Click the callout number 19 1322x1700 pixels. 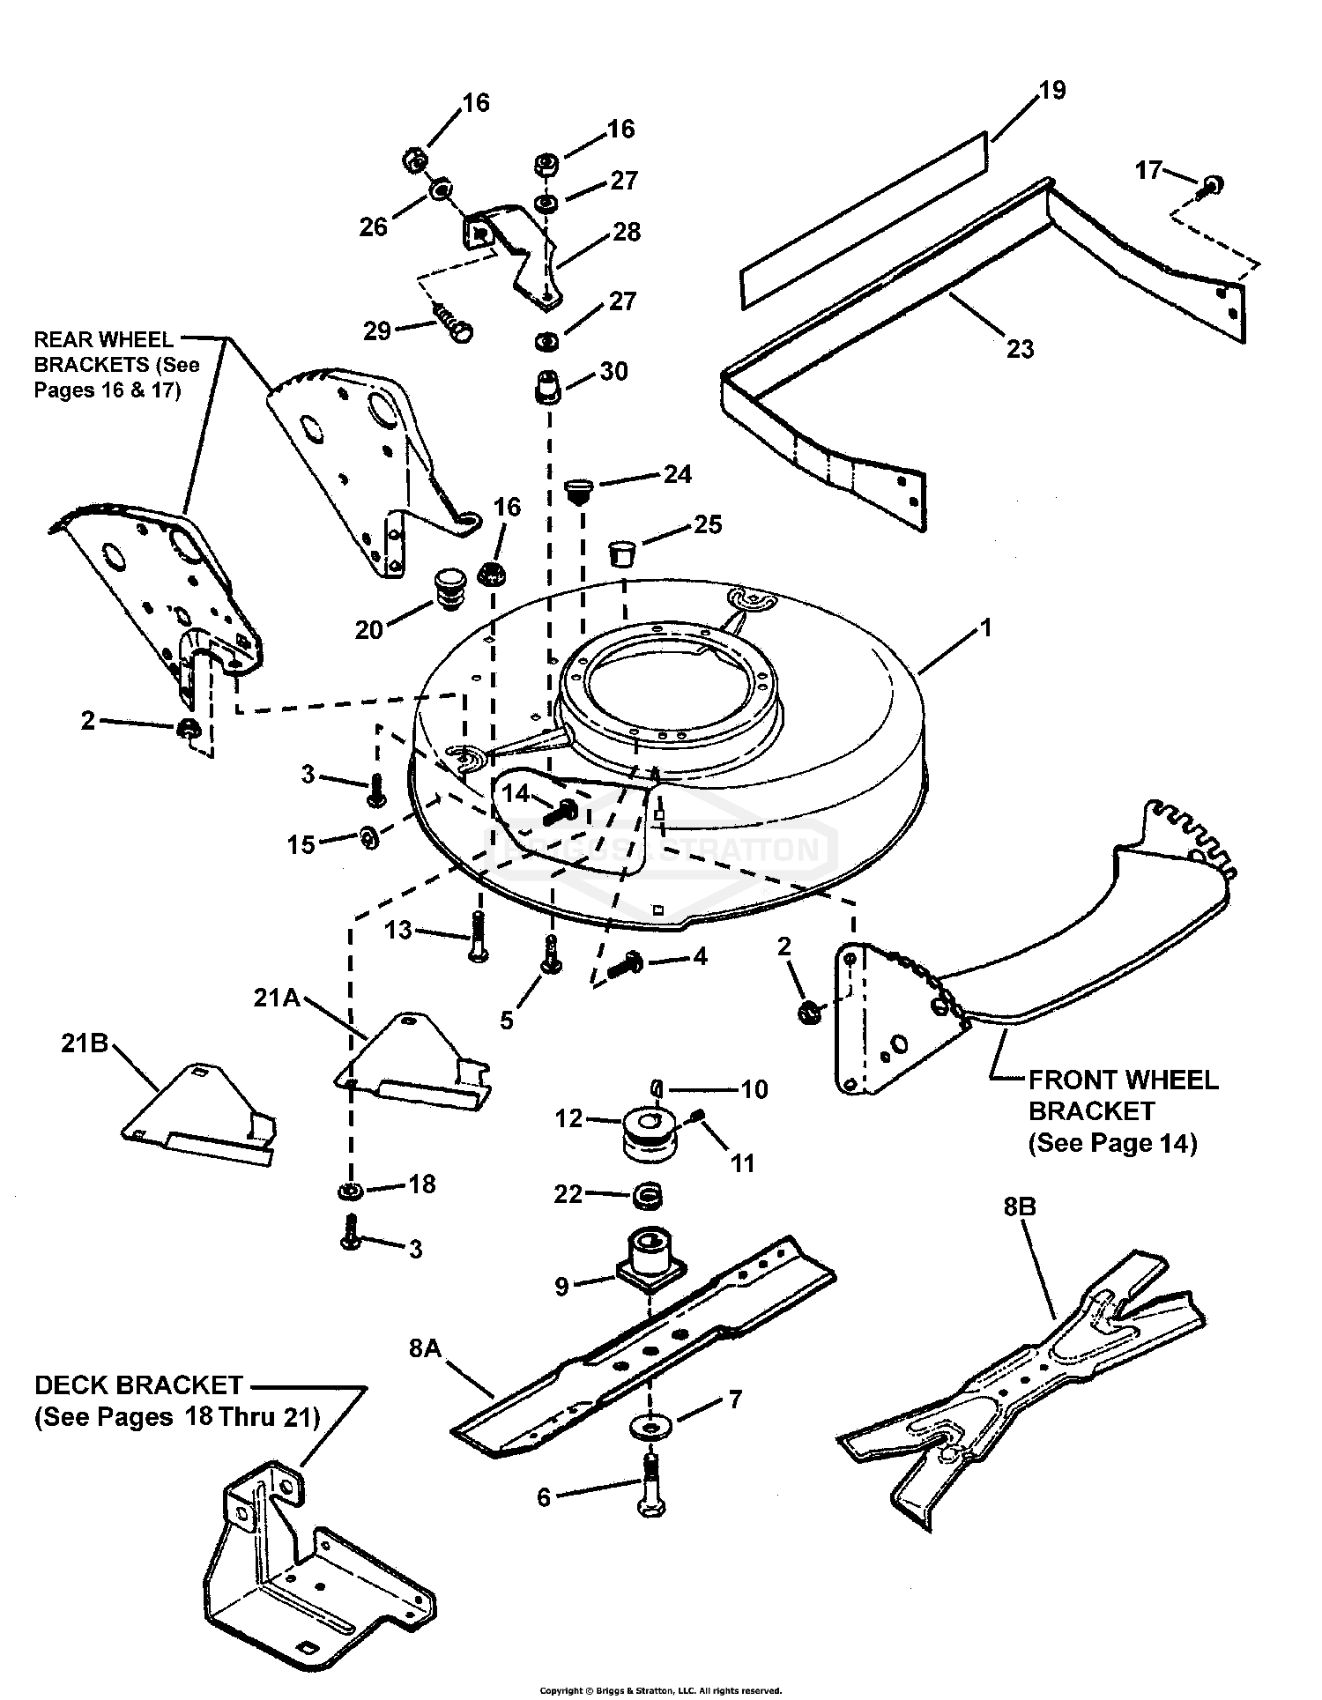(1052, 91)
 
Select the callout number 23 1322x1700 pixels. (1020, 349)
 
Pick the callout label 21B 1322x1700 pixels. (85, 1043)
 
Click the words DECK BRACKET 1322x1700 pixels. (138, 1385)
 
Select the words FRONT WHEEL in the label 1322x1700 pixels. (1125, 1080)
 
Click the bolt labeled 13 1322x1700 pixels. (479, 937)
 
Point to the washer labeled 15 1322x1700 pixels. (369, 835)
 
